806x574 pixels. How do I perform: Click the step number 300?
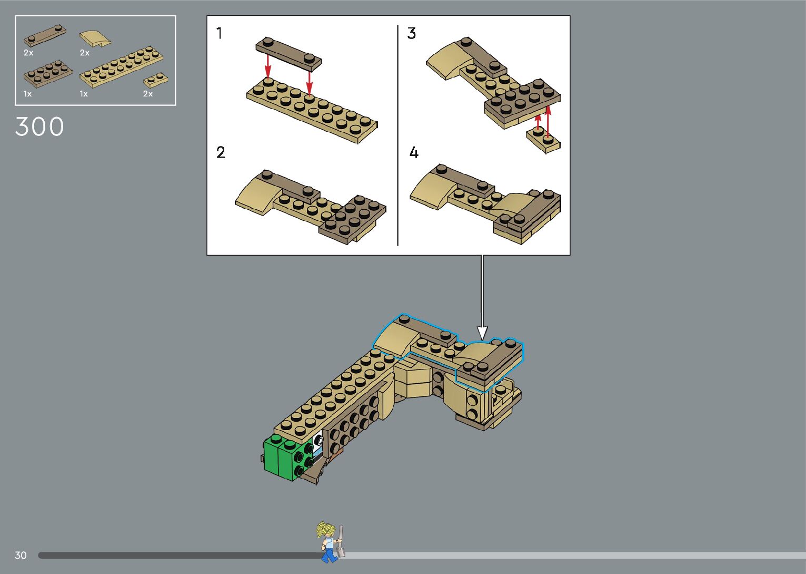point(39,127)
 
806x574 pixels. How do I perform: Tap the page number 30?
point(21,555)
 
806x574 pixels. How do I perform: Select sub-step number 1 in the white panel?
point(219,33)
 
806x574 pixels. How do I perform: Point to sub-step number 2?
point(221,152)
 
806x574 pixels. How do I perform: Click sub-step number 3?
point(412,33)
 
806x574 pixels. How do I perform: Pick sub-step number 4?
point(414,152)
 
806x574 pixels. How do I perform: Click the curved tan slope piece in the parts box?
point(95,38)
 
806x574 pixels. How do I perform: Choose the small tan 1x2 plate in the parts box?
point(155,80)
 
